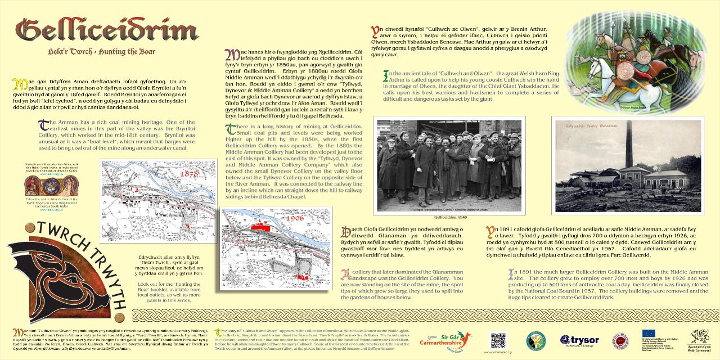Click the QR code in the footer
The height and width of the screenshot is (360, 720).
click(x=498, y=340)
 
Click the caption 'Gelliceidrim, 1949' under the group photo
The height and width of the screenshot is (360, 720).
click(x=449, y=217)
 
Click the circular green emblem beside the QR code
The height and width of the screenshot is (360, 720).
click(x=535, y=341)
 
